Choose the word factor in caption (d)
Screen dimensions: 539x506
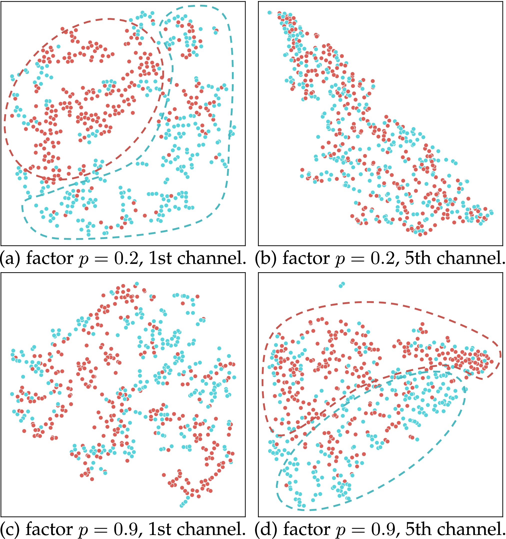tap(307, 529)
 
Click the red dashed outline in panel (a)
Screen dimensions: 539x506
tap(108, 19)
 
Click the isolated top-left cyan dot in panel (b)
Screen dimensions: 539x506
tap(269, 12)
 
